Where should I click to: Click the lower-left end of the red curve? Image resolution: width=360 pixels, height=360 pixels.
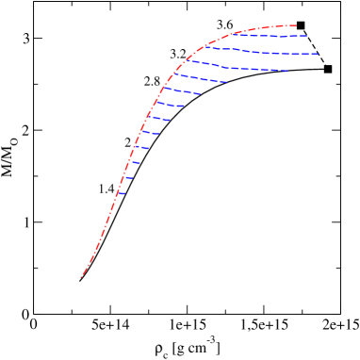[81, 277]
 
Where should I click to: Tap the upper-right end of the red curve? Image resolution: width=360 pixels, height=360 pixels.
[296, 25]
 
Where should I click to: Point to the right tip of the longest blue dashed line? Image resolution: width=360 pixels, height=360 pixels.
[318, 54]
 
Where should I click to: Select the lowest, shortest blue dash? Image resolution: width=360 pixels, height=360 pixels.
[121, 193]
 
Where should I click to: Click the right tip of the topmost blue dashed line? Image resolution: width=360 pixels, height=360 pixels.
[306, 36]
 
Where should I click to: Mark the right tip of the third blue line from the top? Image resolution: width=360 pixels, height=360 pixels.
[287, 71]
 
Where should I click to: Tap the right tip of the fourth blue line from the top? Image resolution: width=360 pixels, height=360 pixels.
[226, 82]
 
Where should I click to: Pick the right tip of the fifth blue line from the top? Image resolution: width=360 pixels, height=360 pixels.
[200, 93]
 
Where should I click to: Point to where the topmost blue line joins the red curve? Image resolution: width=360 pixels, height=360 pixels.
[233, 33]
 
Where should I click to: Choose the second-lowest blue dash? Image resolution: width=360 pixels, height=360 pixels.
[128, 177]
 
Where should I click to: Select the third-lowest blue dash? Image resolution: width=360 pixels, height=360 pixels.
[135, 162]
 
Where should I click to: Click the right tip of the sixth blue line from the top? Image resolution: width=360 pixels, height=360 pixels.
[184, 106]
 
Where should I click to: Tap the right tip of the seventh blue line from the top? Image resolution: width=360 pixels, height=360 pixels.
[171, 121]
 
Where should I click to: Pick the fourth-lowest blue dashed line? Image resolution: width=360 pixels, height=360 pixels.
[140, 147]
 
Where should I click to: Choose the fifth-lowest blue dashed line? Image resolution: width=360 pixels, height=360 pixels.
[149, 133]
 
